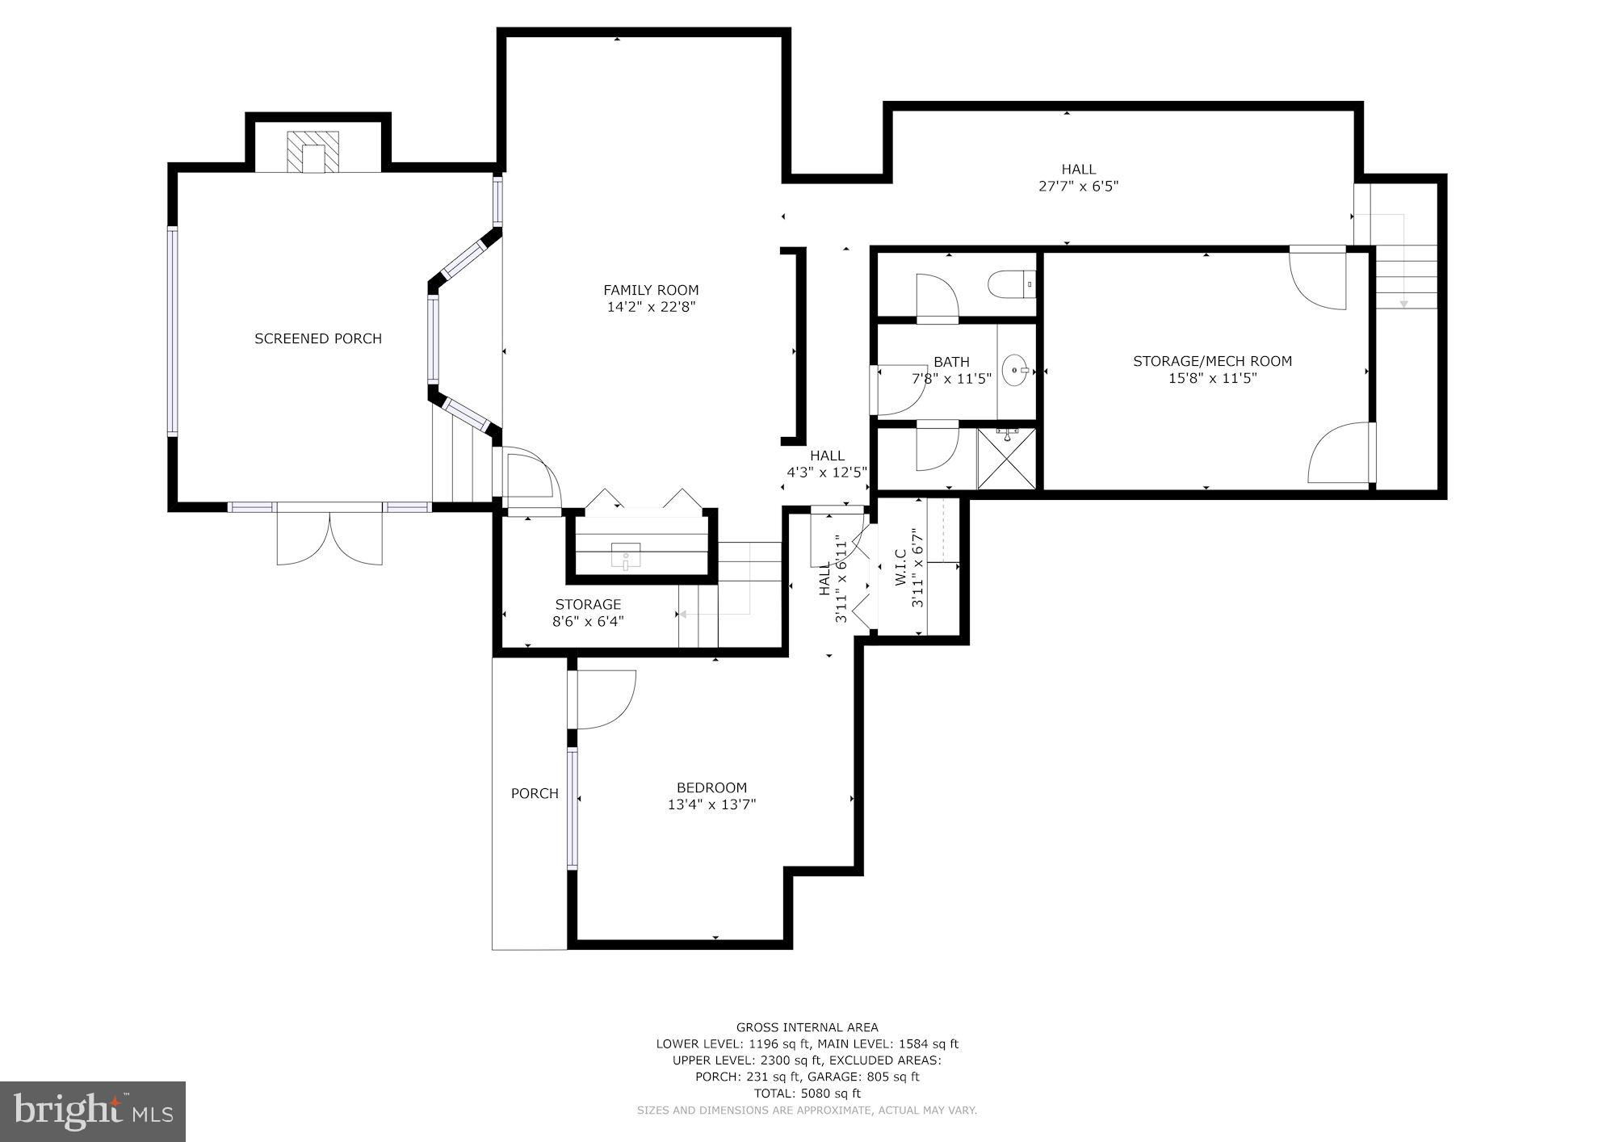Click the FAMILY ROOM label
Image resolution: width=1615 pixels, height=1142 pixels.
tap(651, 290)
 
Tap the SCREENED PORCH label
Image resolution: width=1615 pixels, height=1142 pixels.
tap(318, 338)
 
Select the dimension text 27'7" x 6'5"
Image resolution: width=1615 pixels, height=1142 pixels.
tap(1078, 187)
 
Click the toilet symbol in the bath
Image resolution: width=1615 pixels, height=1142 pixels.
tap(1012, 284)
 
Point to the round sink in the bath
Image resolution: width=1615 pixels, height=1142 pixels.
tap(1016, 371)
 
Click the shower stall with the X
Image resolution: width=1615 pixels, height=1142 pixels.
tap(1005, 459)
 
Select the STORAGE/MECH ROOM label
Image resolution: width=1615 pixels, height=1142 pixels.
tap(1212, 361)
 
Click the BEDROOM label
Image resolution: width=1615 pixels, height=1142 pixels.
tap(711, 787)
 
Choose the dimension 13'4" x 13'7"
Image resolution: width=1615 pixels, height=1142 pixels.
tap(711, 804)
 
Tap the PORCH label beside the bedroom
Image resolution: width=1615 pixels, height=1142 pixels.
tap(535, 794)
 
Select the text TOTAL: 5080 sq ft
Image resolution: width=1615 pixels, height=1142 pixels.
tap(807, 1094)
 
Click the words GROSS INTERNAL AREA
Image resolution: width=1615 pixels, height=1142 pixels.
tap(807, 1028)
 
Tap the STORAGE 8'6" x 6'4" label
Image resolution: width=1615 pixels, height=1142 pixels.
tap(588, 612)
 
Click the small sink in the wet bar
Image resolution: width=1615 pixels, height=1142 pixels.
tap(626, 557)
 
